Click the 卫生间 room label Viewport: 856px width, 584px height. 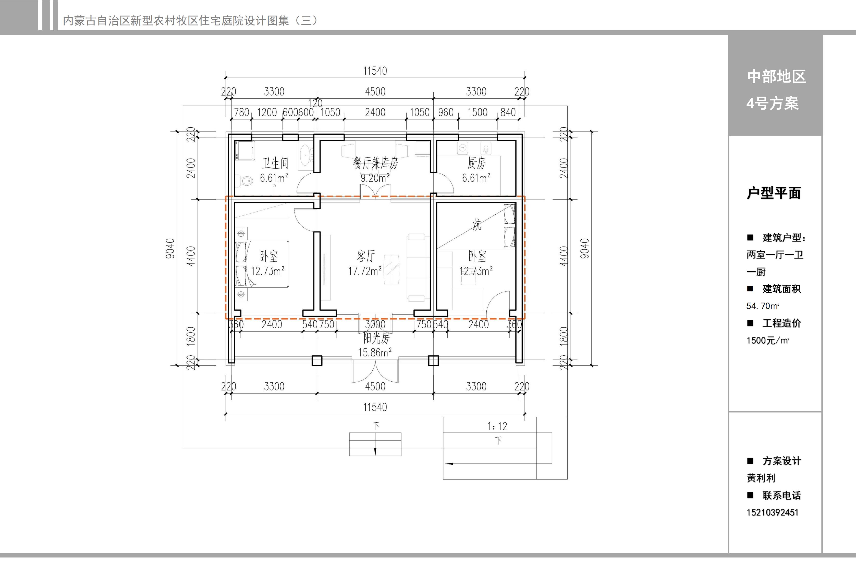coord(275,163)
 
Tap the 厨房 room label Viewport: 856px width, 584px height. coord(477,163)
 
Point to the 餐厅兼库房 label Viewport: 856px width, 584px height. coord(375,163)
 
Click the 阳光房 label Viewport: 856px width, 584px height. coord(376,338)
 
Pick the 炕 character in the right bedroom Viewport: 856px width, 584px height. coord(477,224)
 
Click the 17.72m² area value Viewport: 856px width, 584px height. coord(365,271)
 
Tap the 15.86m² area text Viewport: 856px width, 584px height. coord(375,352)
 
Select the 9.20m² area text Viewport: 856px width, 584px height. coord(375,178)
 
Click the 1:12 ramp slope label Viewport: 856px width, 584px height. coord(497,426)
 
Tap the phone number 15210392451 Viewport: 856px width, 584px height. coord(772,512)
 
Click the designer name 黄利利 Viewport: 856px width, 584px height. coord(761,478)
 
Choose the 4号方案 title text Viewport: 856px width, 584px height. coord(772,103)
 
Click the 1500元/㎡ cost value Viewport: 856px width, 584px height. coord(768,340)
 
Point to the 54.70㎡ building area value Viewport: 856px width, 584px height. coord(762,306)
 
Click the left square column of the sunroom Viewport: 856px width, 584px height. coord(317,361)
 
